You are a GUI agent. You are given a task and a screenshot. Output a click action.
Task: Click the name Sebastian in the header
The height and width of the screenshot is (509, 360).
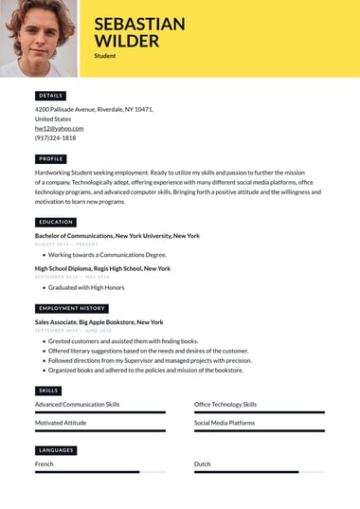coord(139,25)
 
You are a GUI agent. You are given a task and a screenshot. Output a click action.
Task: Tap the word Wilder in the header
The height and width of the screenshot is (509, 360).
coord(127,42)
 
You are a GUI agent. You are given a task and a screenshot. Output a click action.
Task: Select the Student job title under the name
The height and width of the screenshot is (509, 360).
coord(105,56)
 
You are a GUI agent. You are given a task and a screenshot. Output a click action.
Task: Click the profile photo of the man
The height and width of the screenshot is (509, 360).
coord(39,38)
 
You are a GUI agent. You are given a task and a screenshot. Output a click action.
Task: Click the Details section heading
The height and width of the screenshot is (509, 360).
coord(50,96)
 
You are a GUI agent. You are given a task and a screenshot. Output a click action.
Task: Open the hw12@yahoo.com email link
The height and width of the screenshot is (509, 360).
coord(59,128)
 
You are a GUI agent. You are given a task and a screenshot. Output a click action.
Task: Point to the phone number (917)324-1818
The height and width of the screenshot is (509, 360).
coord(55,137)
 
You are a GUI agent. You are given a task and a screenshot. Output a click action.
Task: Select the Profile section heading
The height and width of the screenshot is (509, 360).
coord(50,159)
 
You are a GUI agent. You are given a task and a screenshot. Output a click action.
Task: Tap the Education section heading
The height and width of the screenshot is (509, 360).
coord(55,222)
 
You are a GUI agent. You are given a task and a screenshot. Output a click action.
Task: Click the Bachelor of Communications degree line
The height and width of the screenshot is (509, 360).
coord(117,235)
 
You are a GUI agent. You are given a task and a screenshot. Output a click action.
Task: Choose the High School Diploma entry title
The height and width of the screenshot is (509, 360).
coord(102,268)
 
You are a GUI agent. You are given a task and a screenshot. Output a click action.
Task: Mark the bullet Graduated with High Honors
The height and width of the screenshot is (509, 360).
coord(86,287)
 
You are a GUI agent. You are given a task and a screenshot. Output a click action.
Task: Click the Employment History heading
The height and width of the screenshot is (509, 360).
coord(71,308)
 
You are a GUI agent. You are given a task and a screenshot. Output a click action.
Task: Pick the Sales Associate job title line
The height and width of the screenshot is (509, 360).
coord(99,322)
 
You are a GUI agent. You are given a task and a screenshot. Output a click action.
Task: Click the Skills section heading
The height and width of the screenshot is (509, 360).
coord(48,391)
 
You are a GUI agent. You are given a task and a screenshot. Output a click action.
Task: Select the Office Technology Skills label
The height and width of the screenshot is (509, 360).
coord(225,404)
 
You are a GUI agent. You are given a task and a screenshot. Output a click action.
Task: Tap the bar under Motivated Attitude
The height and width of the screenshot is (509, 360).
coord(99,430)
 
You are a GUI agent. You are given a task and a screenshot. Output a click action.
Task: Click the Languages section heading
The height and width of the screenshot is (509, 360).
coord(55,450)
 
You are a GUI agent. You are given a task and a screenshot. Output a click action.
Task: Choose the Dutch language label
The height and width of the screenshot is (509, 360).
coord(203,464)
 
